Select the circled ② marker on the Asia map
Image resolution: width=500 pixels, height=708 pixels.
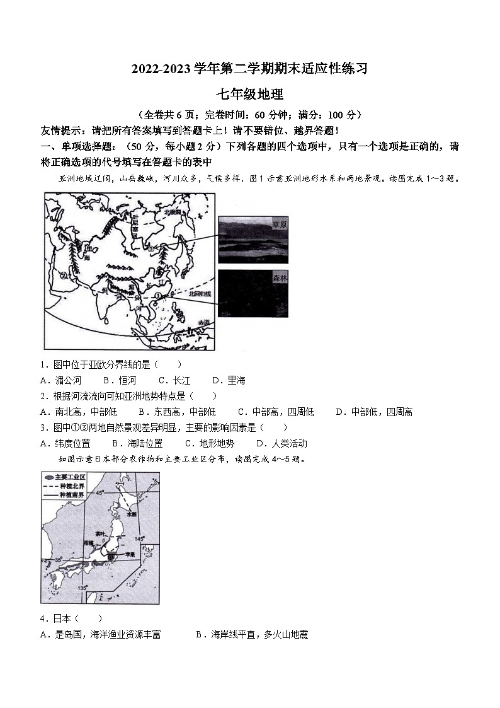(x=63, y=275)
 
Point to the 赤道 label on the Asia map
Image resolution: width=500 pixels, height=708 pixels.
(x=202, y=322)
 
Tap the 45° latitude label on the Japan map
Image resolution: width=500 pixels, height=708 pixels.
(x=99, y=493)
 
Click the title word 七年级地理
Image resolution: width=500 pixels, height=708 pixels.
(x=250, y=95)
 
